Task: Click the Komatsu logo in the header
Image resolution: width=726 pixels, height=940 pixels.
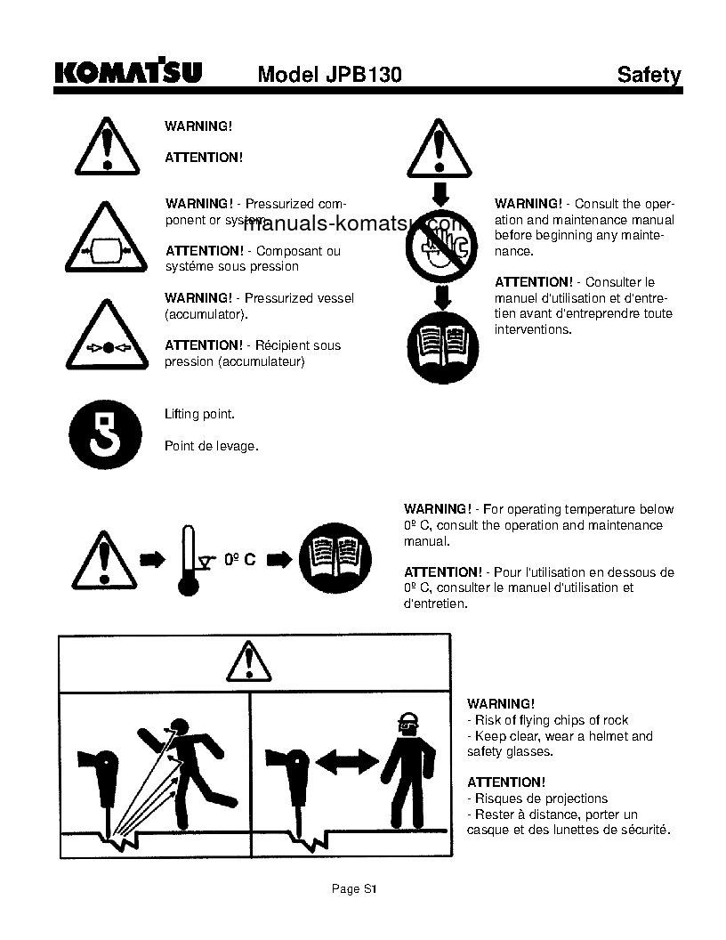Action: [128, 73]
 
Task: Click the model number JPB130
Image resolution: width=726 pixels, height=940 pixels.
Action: [329, 75]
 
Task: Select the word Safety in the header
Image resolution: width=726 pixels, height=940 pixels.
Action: [649, 75]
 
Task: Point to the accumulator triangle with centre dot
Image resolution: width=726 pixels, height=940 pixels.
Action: [106, 339]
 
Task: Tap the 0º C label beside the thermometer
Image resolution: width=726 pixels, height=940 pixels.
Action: [239, 559]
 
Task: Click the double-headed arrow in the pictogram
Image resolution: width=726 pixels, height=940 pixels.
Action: [347, 760]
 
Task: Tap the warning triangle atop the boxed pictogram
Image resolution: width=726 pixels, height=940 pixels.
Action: [248, 662]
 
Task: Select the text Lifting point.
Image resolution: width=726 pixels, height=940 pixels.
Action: [199, 415]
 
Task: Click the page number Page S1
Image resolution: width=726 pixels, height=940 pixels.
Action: [355, 888]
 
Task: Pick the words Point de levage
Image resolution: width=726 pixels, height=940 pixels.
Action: [211, 446]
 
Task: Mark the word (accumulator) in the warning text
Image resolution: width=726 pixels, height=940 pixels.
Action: [206, 314]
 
